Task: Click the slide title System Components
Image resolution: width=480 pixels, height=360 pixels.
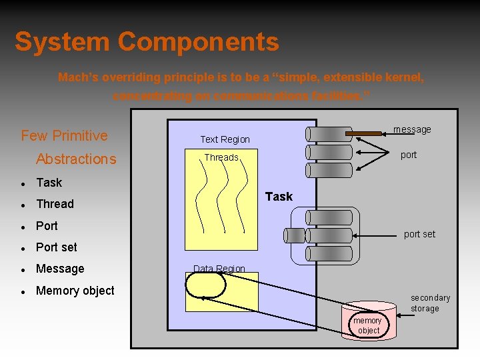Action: (x=147, y=42)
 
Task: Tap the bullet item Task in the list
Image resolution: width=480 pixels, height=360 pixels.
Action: (x=49, y=183)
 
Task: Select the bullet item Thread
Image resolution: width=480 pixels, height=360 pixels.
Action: (x=55, y=204)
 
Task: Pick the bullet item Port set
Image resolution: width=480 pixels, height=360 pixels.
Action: (x=56, y=247)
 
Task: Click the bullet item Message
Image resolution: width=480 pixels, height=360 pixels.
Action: (x=60, y=269)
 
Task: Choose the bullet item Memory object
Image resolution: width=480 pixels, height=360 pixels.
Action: (x=75, y=291)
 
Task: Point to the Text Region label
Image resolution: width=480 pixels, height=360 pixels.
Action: (x=225, y=139)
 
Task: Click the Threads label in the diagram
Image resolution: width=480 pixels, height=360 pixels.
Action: (x=221, y=157)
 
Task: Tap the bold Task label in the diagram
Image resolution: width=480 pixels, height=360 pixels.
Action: (x=279, y=196)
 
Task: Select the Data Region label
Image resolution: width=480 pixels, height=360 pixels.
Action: (x=219, y=269)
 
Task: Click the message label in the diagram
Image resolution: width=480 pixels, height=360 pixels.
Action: (x=412, y=129)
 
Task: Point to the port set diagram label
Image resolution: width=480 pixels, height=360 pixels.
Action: (x=419, y=234)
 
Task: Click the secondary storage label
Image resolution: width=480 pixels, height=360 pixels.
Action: (x=430, y=303)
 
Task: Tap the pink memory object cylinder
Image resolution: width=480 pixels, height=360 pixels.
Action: (x=368, y=323)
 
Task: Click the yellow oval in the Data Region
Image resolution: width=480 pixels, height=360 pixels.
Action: (x=206, y=285)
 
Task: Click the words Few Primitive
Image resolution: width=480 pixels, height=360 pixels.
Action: (x=64, y=136)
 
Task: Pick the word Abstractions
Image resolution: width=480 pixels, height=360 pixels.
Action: (x=76, y=159)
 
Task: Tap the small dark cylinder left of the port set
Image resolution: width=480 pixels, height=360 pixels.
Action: (x=294, y=235)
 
